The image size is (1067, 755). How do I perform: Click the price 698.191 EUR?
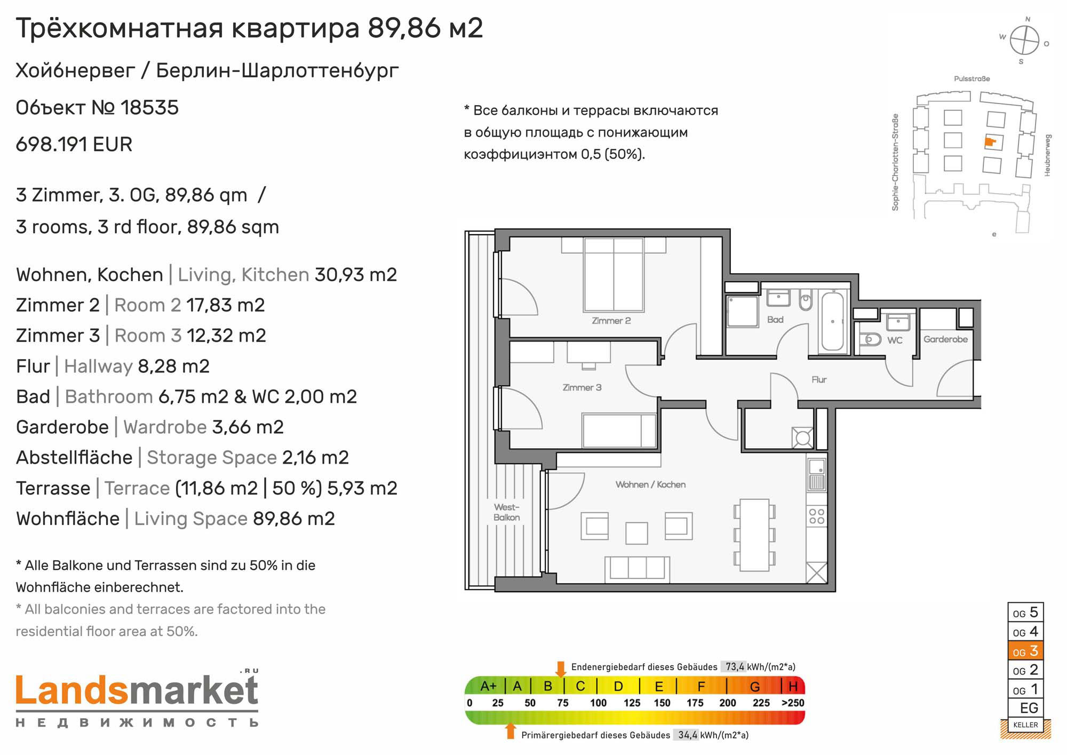(74, 145)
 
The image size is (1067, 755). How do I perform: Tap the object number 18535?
(149, 108)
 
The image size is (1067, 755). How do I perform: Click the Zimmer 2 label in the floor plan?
(611, 321)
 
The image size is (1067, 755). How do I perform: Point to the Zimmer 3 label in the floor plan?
(582, 387)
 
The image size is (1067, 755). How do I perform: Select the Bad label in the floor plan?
(775, 320)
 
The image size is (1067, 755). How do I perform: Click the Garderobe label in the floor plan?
(945, 339)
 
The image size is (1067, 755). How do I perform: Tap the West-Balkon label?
(506, 512)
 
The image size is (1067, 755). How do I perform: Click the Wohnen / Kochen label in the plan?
(650, 484)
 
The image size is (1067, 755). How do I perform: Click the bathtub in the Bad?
(832, 321)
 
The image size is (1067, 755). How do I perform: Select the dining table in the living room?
(754, 535)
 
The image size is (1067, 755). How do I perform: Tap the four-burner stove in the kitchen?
(816, 516)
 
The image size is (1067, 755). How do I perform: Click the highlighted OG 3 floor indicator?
(1025, 651)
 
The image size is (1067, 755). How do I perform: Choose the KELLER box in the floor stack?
(1025, 725)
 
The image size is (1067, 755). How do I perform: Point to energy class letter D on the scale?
(618, 686)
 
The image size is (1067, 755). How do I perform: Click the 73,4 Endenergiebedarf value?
(735, 666)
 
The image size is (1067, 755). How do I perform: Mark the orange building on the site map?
(990, 142)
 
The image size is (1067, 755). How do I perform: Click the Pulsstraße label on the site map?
(972, 79)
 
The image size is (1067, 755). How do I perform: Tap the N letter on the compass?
(1028, 19)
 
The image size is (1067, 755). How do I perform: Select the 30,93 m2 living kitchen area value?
(356, 275)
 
